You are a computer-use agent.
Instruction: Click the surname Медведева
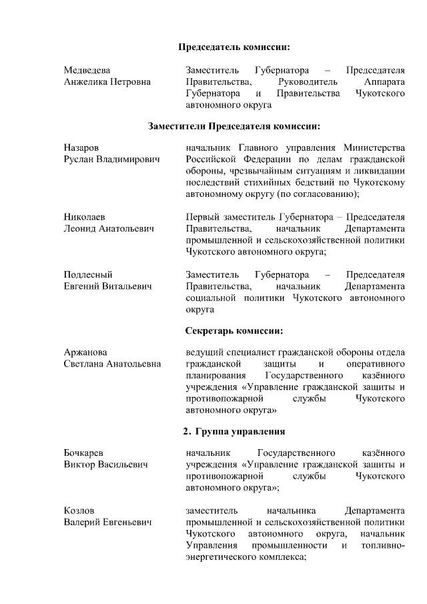87,70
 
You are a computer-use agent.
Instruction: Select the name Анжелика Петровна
107,82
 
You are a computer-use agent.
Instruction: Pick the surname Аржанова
86,352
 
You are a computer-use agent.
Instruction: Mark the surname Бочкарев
84,452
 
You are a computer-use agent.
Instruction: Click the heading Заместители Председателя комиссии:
234,125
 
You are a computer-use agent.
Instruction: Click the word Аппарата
385,82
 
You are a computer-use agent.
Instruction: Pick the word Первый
201,217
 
